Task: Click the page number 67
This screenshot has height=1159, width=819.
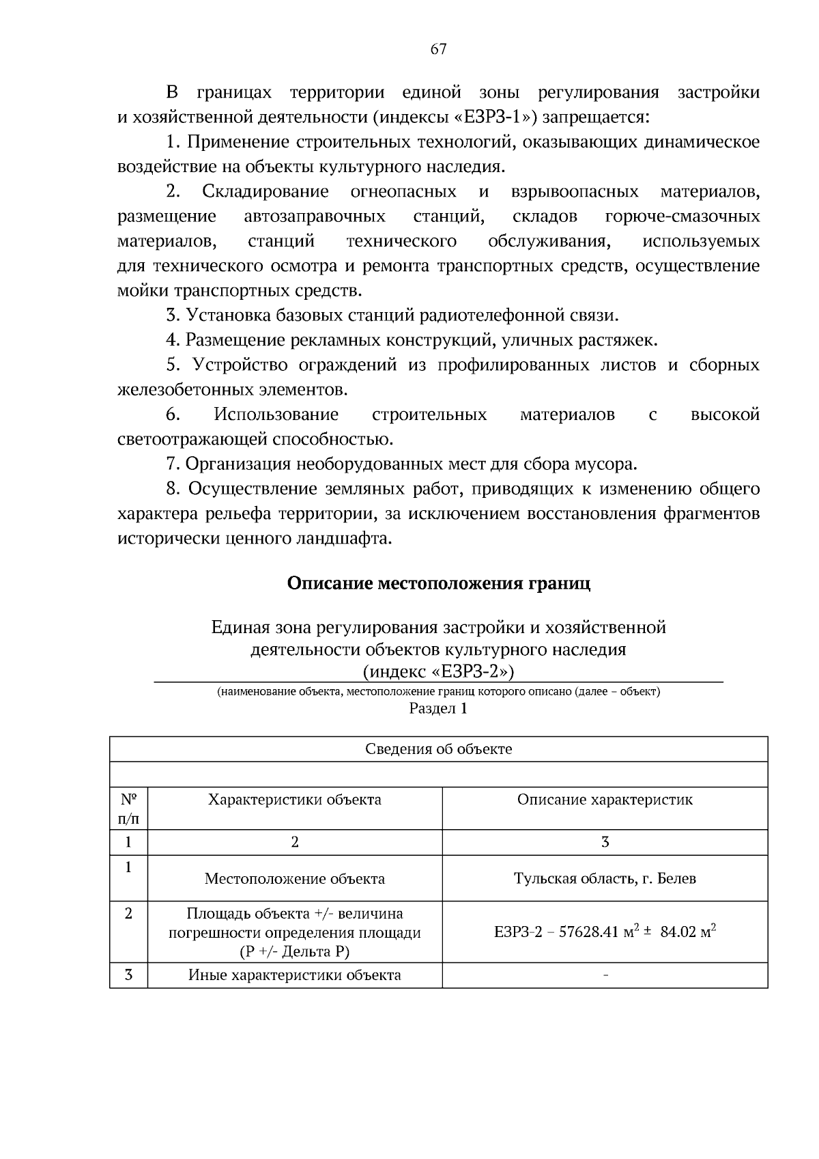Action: [x=438, y=48]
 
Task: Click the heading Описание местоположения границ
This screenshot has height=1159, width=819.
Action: [x=438, y=583]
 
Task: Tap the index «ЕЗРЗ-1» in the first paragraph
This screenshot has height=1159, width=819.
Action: [x=495, y=117]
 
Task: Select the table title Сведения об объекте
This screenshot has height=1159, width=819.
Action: [x=438, y=749]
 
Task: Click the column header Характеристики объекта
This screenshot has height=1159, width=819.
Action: [x=294, y=799]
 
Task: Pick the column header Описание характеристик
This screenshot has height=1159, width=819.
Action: [x=605, y=799]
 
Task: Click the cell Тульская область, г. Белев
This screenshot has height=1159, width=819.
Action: [x=605, y=878]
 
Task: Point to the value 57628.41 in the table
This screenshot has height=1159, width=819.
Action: [x=588, y=932]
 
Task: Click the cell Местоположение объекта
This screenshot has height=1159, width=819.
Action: [x=294, y=878]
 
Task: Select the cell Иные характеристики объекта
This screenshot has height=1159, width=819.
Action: [x=294, y=975]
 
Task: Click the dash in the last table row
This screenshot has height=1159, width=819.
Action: [x=605, y=975]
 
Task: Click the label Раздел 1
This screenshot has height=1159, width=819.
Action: [x=438, y=708]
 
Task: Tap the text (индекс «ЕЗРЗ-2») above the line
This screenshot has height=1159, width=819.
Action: [x=438, y=671]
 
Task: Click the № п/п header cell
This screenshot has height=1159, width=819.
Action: [x=128, y=808]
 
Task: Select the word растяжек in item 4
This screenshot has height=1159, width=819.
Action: [x=621, y=340]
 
